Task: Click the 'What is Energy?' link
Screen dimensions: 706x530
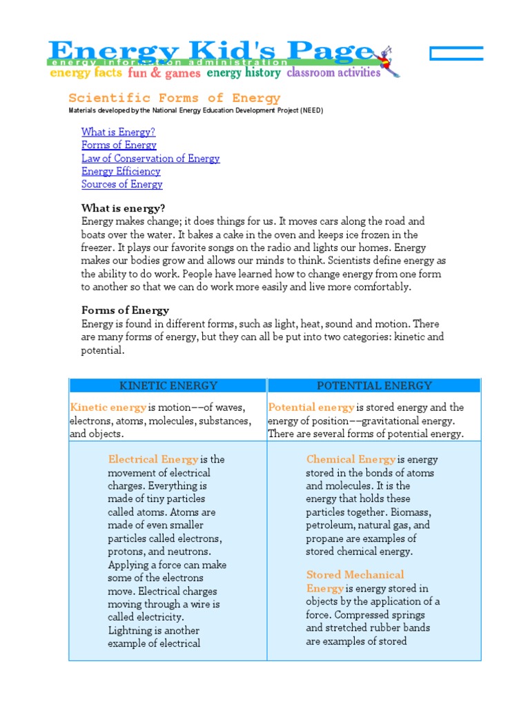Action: pos(118,132)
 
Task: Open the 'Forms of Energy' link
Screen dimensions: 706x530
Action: pos(119,145)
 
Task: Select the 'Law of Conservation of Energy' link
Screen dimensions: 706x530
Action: pos(150,158)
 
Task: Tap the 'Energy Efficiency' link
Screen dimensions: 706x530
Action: pos(121,171)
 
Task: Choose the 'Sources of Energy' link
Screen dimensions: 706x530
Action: pos(122,184)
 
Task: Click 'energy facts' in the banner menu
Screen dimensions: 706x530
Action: pos(86,72)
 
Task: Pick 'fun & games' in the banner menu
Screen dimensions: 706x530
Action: pos(164,72)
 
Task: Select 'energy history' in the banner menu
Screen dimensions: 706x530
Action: pos(244,72)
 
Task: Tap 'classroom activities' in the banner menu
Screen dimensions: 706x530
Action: pos(333,72)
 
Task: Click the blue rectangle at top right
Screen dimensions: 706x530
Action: pos(456,54)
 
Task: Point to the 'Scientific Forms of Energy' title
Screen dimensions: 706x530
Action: pos(175,98)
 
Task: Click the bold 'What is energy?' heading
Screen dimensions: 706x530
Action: pos(124,208)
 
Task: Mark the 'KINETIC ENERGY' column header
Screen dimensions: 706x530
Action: pos(168,385)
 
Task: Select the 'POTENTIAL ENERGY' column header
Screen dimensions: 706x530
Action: pos(373,385)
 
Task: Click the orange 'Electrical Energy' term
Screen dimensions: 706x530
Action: pos(153,459)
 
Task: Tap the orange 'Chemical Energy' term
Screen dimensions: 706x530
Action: pos(351,459)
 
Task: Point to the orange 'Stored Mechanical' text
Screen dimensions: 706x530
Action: pos(355,574)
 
